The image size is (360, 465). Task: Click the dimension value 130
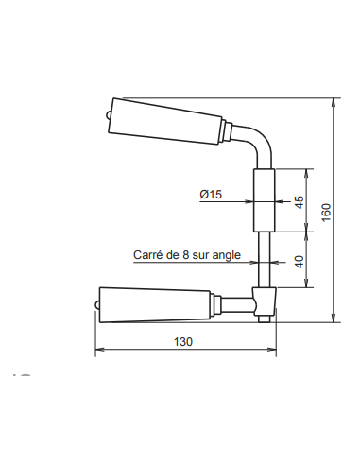pyautogui.click(x=184, y=342)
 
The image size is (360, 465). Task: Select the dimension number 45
pyautogui.click(x=300, y=200)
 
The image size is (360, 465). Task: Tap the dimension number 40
pyautogui.click(x=300, y=262)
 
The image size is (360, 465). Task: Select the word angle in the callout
pyautogui.click(x=228, y=255)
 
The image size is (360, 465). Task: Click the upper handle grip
pyautogui.click(x=165, y=120)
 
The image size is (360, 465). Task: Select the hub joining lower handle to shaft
pyautogui.click(x=266, y=303)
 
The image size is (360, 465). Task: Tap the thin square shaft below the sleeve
pyautogui.click(x=266, y=257)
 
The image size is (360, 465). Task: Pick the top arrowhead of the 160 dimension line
pyautogui.click(x=334, y=100)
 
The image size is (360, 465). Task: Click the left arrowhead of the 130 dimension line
pyautogui.click(x=98, y=352)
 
